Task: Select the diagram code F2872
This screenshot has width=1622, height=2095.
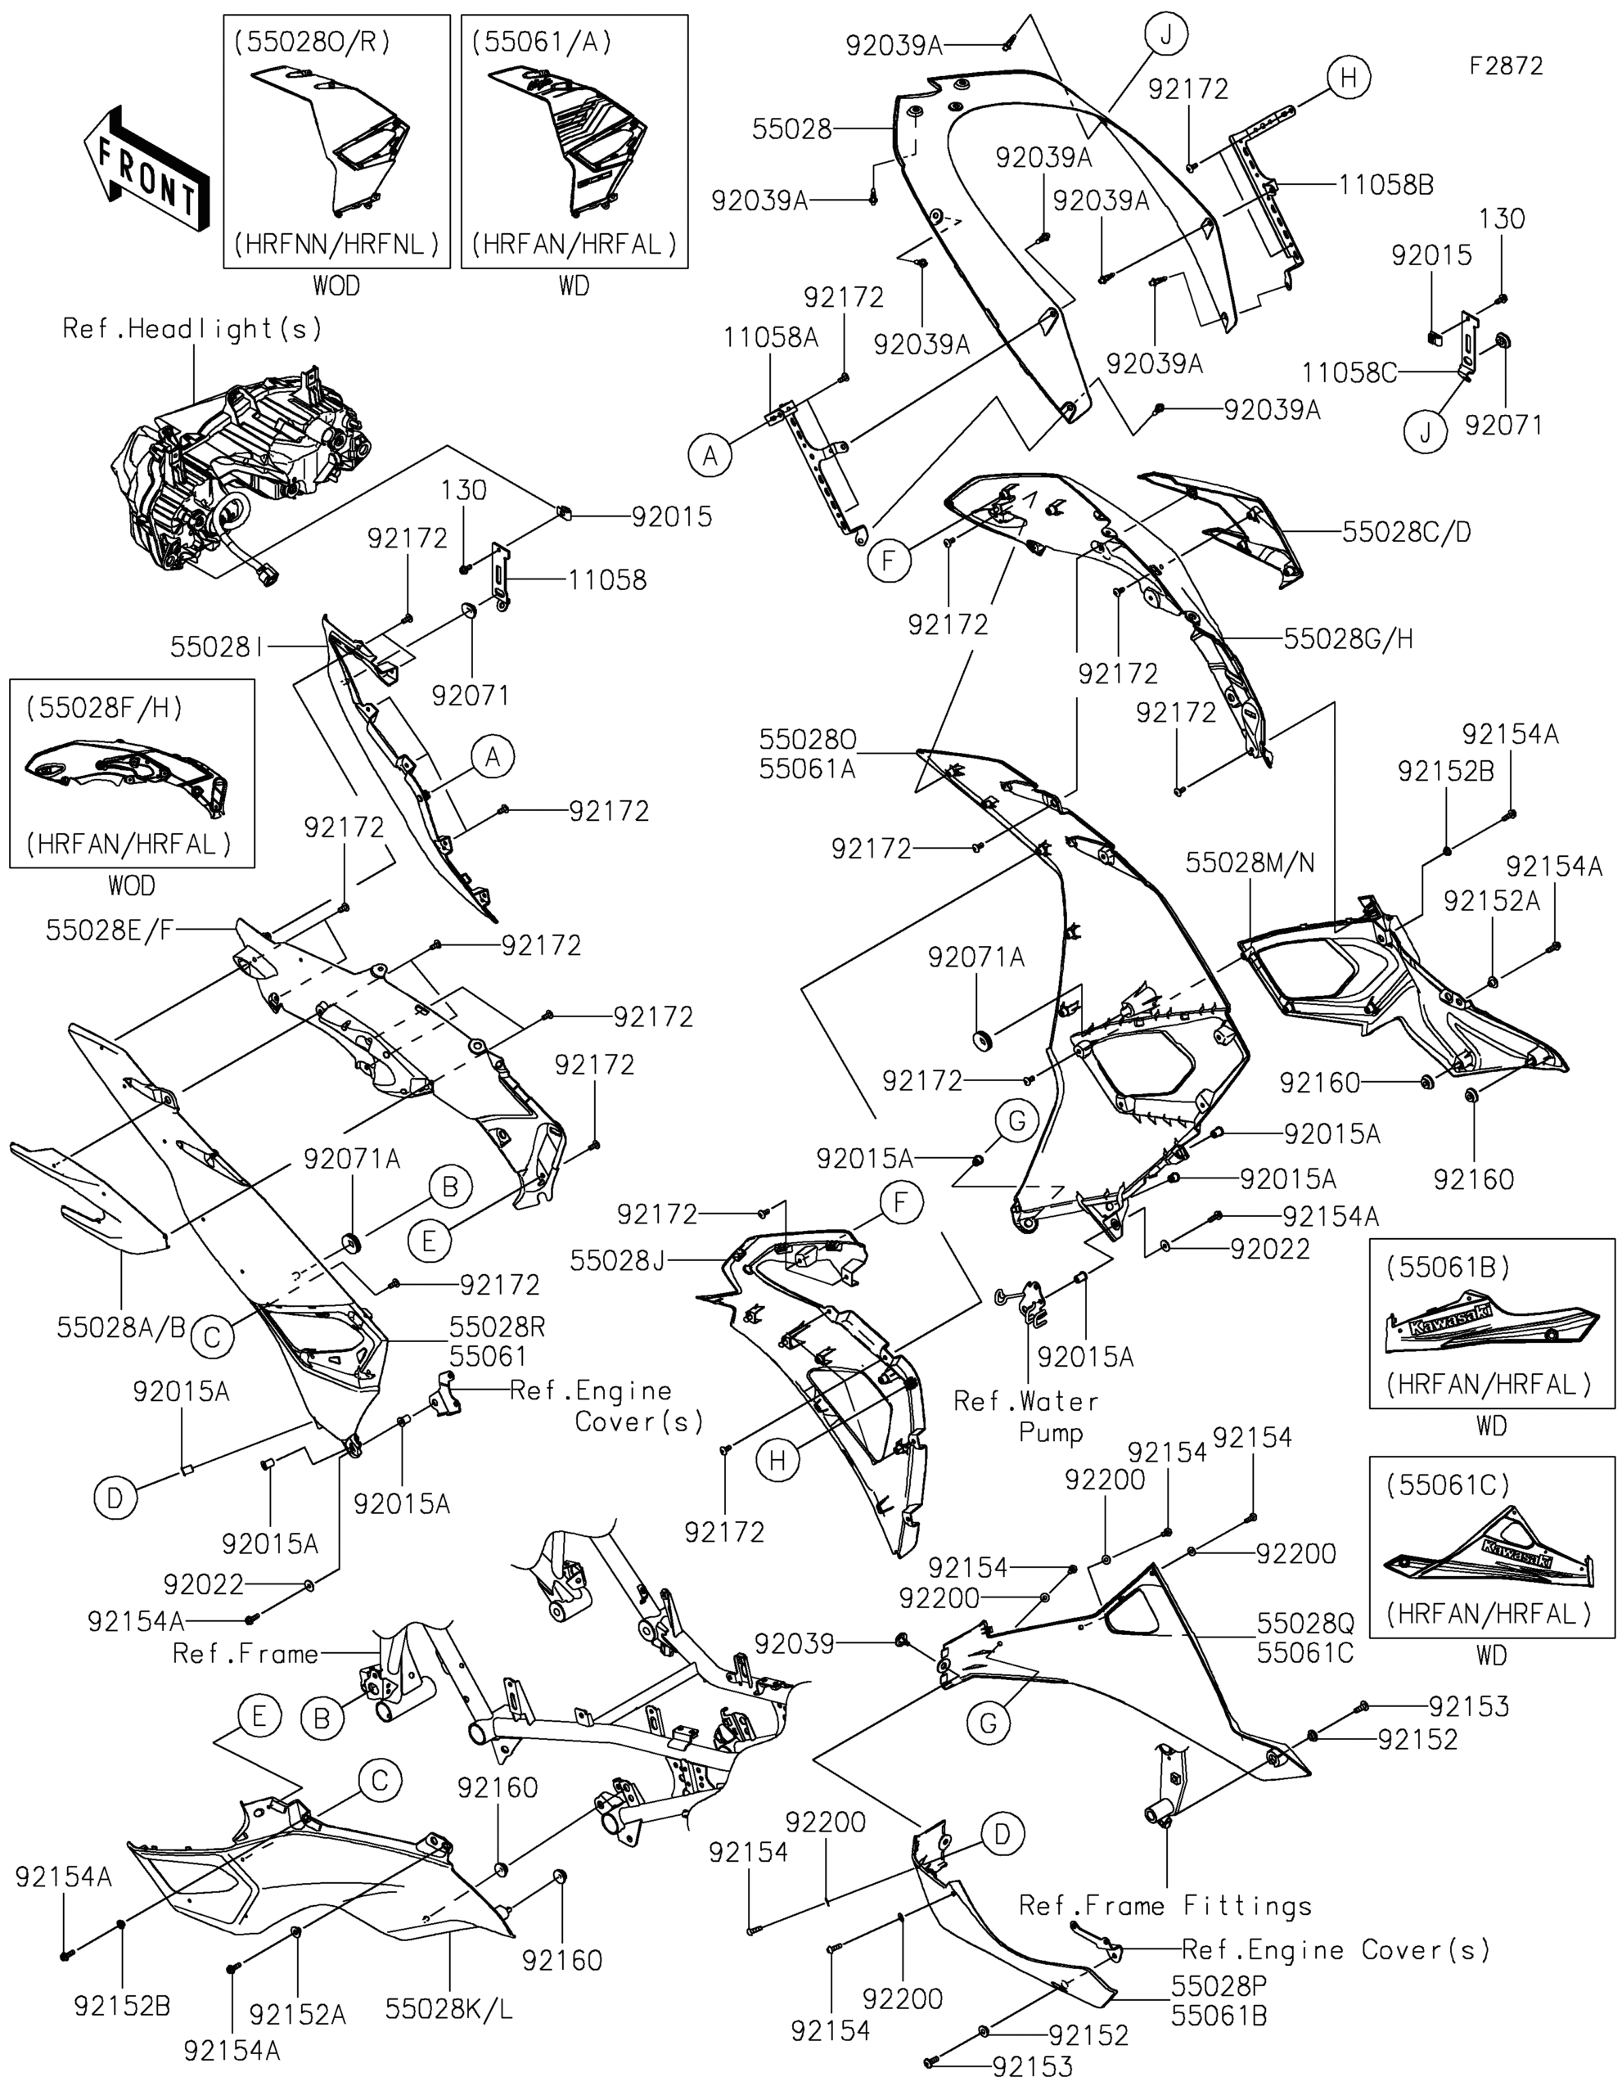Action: pyautogui.click(x=1507, y=65)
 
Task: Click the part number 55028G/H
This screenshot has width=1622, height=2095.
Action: pyautogui.click(x=1349, y=638)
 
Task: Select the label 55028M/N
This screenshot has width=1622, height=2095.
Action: pyautogui.click(x=1250, y=863)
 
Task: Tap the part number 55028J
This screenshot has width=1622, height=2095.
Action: pyautogui.click(x=617, y=1260)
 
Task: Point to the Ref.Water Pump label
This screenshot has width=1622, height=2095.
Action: pyautogui.click(x=1026, y=1417)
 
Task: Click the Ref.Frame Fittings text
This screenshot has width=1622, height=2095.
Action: pyautogui.click(x=1165, y=1905)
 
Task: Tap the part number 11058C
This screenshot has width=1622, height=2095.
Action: pyautogui.click(x=1349, y=372)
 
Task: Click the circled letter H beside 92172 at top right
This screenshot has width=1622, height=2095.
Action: pyautogui.click(x=1349, y=77)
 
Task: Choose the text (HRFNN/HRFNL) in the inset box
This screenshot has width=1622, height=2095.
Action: pyautogui.click(x=336, y=245)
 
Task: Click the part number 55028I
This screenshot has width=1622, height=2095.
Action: pyautogui.click(x=217, y=647)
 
